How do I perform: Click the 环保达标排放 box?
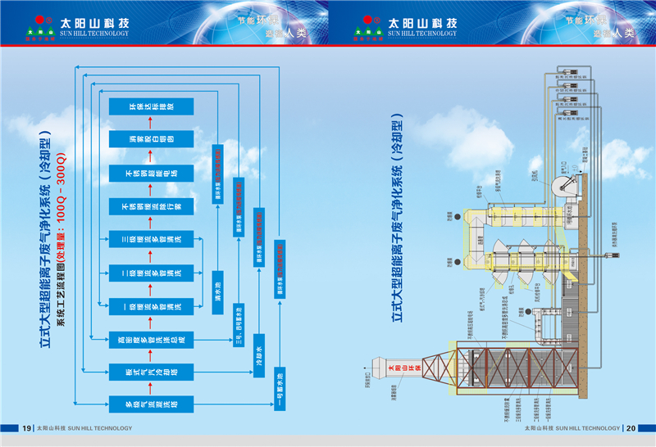151,106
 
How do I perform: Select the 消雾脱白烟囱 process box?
151,139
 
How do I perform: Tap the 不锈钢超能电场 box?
151,173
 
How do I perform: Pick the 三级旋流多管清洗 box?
151,239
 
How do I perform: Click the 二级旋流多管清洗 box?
151,272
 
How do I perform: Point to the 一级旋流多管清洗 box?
151,305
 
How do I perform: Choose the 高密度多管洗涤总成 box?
151,338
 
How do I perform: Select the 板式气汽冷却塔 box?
151,371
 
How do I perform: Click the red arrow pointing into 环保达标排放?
151,122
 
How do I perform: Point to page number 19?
26,428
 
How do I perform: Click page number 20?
631,428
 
